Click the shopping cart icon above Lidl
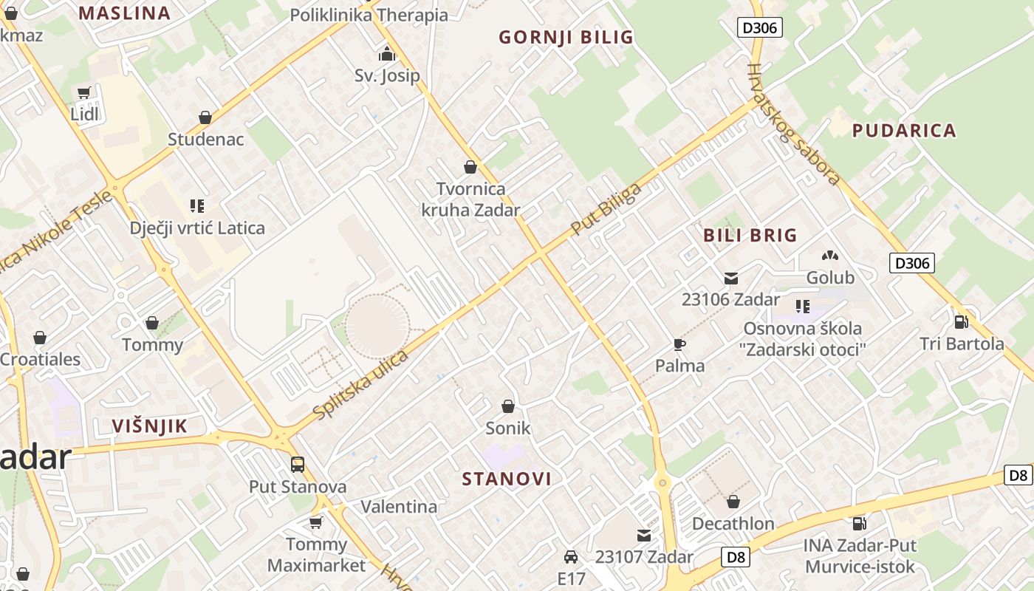click(83, 93)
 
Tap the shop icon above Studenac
click(205, 117)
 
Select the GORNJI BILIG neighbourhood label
click(566, 37)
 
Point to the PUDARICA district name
click(904, 131)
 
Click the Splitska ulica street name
click(361, 386)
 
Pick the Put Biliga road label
click(606, 210)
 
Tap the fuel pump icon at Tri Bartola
click(961, 321)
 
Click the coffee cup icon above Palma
click(679, 344)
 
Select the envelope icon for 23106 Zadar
click(730, 279)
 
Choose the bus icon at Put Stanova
click(298, 465)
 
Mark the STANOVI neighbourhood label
click(507, 479)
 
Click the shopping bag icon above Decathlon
click(733, 502)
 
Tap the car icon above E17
click(571, 556)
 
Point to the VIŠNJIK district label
click(150, 426)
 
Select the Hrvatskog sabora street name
click(794, 124)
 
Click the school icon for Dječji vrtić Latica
click(197, 205)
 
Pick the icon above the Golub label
click(830, 256)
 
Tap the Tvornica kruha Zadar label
click(470, 199)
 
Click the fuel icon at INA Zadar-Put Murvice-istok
click(860, 524)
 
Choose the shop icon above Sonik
click(508, 406)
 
